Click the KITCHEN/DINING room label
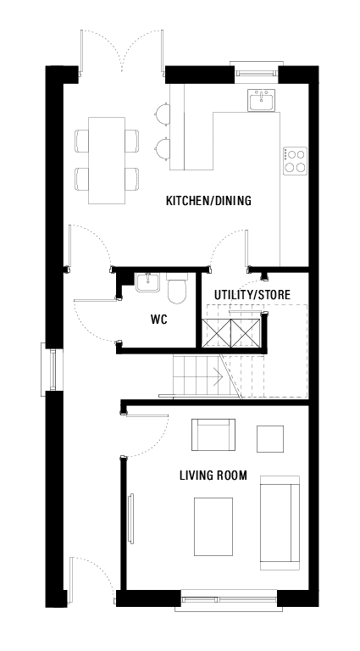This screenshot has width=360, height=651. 208,201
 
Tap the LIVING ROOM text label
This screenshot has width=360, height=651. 213,476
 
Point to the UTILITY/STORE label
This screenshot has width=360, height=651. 252,295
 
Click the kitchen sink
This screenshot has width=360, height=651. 262,102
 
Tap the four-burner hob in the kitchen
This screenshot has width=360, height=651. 296,160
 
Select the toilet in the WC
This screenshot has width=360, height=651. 177,290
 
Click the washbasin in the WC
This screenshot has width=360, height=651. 148,282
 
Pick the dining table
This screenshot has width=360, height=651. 107,159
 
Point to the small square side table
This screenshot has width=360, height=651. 271,438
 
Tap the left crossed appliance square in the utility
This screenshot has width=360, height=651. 216,333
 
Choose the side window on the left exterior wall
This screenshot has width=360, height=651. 52,369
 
